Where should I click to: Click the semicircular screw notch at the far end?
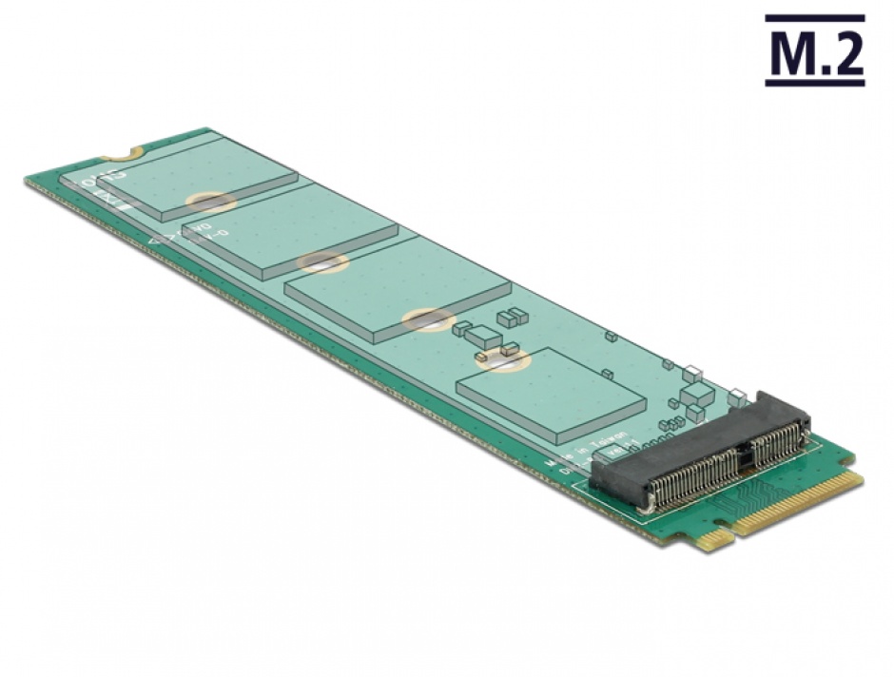126,150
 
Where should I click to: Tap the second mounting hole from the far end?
321,262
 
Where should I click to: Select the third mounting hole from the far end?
425,320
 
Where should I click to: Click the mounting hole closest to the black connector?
501,359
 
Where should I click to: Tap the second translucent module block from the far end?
290,228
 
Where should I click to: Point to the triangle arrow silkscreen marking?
155,245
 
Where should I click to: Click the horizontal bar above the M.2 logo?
815,18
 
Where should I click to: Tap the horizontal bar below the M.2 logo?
815,84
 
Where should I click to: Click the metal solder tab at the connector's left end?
646,508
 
